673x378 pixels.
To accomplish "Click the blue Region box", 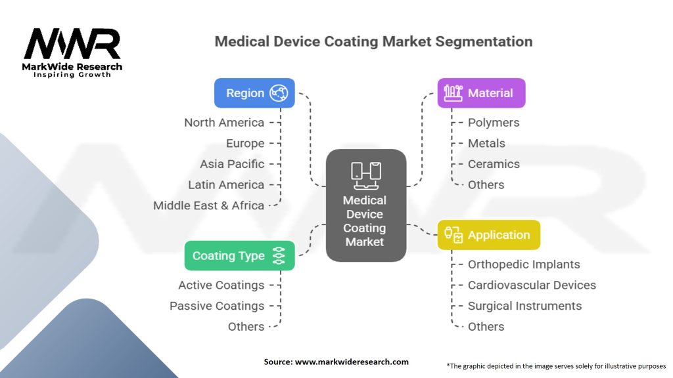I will pyautogui.click(x=254, y=93).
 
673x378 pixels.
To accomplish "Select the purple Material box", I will pyautogui.click(x=481, y=93).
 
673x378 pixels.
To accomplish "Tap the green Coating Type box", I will pyautogui.click(x=239, y=256).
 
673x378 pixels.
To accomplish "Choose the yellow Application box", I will pyautogui.click(x=488, y=235).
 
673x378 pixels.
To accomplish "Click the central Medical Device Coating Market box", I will pyautogui.click(x=365, y=205).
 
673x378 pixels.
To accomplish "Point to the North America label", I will pyautogui.click(x=224, y=123).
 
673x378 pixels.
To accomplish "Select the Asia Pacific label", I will pyautogui.click(x=232, y=164).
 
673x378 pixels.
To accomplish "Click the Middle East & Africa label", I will pyautogui.click(x=208, y=205).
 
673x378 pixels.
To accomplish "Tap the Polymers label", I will pyautogui.click(x=493, y=123).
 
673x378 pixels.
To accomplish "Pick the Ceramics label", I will pyautogui.click(x=494, y=164).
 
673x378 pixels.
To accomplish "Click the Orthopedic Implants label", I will pyautogui.click(x=524, y=264).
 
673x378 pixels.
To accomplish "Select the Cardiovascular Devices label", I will pyautogui.click(x=532, y=285).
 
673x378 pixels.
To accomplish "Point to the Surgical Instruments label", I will pyautogui.click(x=524, y=306).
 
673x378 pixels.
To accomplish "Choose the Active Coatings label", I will pyautogui.click(x=221, y=285).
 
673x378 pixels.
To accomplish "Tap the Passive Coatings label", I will pyautogui.click(x=217, y=306).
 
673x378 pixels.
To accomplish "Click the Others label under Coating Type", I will pyautogui.click(x=246, y=327).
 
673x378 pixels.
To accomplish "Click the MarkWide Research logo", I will pyautogui.click(x=72, y=52).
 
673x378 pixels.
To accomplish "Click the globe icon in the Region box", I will pyautogui.click(x=279, y=93).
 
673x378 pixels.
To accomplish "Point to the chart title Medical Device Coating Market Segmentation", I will pyautogui.click(x=373, y=41).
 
